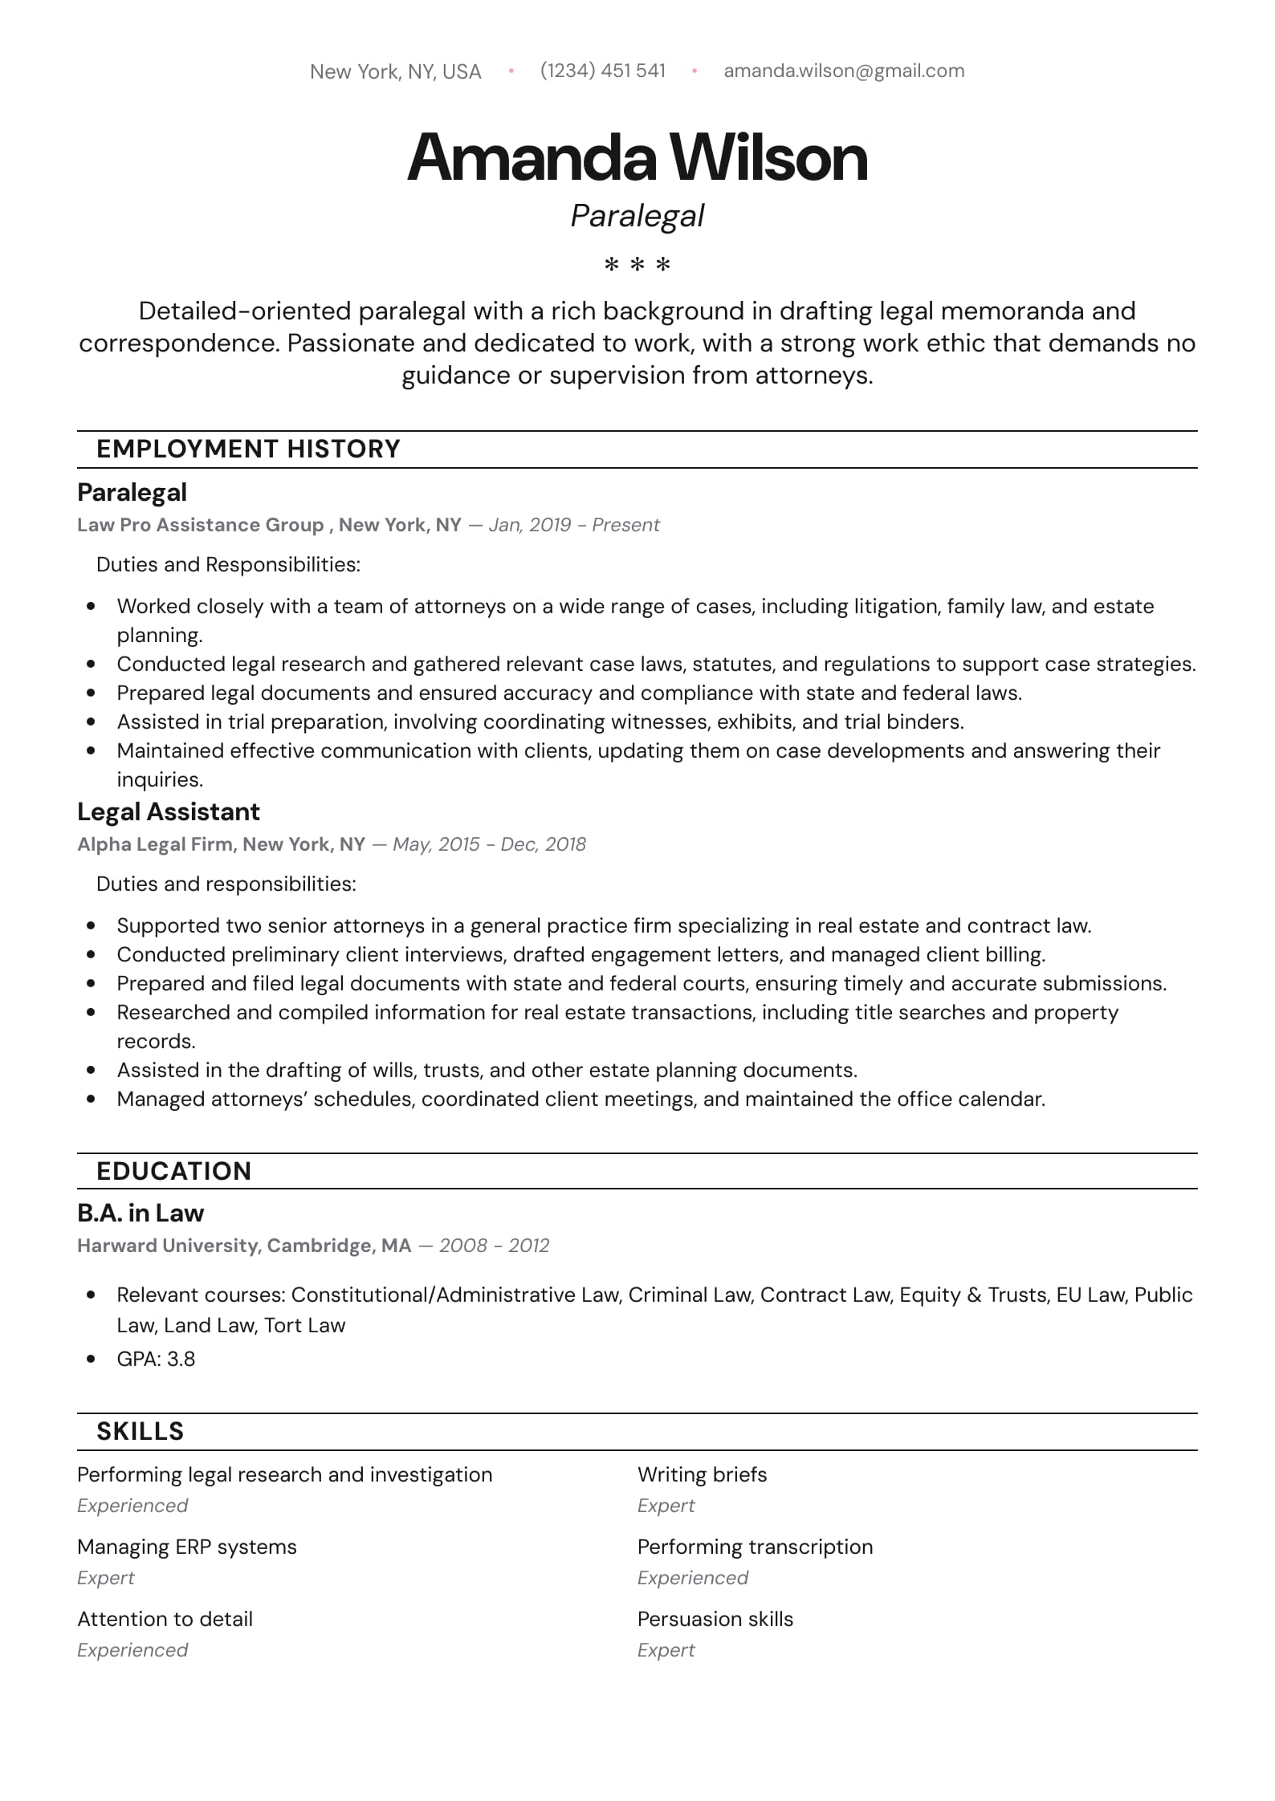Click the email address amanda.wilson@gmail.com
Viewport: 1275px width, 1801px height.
(x=844, y=71)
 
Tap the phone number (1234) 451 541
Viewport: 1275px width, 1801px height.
(x=603, y=71)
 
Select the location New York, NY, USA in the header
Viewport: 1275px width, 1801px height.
(x=395, y=72)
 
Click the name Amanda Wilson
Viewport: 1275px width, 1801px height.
(x=637, y=157)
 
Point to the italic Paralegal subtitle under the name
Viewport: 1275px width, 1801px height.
(x=637, y=216)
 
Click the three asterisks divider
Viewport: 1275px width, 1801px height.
(x=637, y=264)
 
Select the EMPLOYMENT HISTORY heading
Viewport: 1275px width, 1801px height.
(x=248, y=449)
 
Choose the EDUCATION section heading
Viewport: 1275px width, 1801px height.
(x=173, y=1171)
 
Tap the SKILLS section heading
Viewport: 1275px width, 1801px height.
(x=140, y=1431)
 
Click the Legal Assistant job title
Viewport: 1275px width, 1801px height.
(x=169, y=812)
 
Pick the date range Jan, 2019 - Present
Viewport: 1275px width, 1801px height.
(x=574, y=525)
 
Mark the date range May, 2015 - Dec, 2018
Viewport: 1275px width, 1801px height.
(x=489, y=844)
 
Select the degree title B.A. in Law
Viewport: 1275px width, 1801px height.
(x=141, y=1213)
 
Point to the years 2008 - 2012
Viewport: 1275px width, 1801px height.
(x=494, y=1246)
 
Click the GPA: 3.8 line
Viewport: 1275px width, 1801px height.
(x=156, y=1359)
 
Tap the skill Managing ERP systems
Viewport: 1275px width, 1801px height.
(x=187, y=1547)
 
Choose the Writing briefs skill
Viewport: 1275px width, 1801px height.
(x=702, y=1474)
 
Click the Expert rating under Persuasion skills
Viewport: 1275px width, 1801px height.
(x=666, y=1650)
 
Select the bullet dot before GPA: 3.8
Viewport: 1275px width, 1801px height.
(x=91, y=1359)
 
